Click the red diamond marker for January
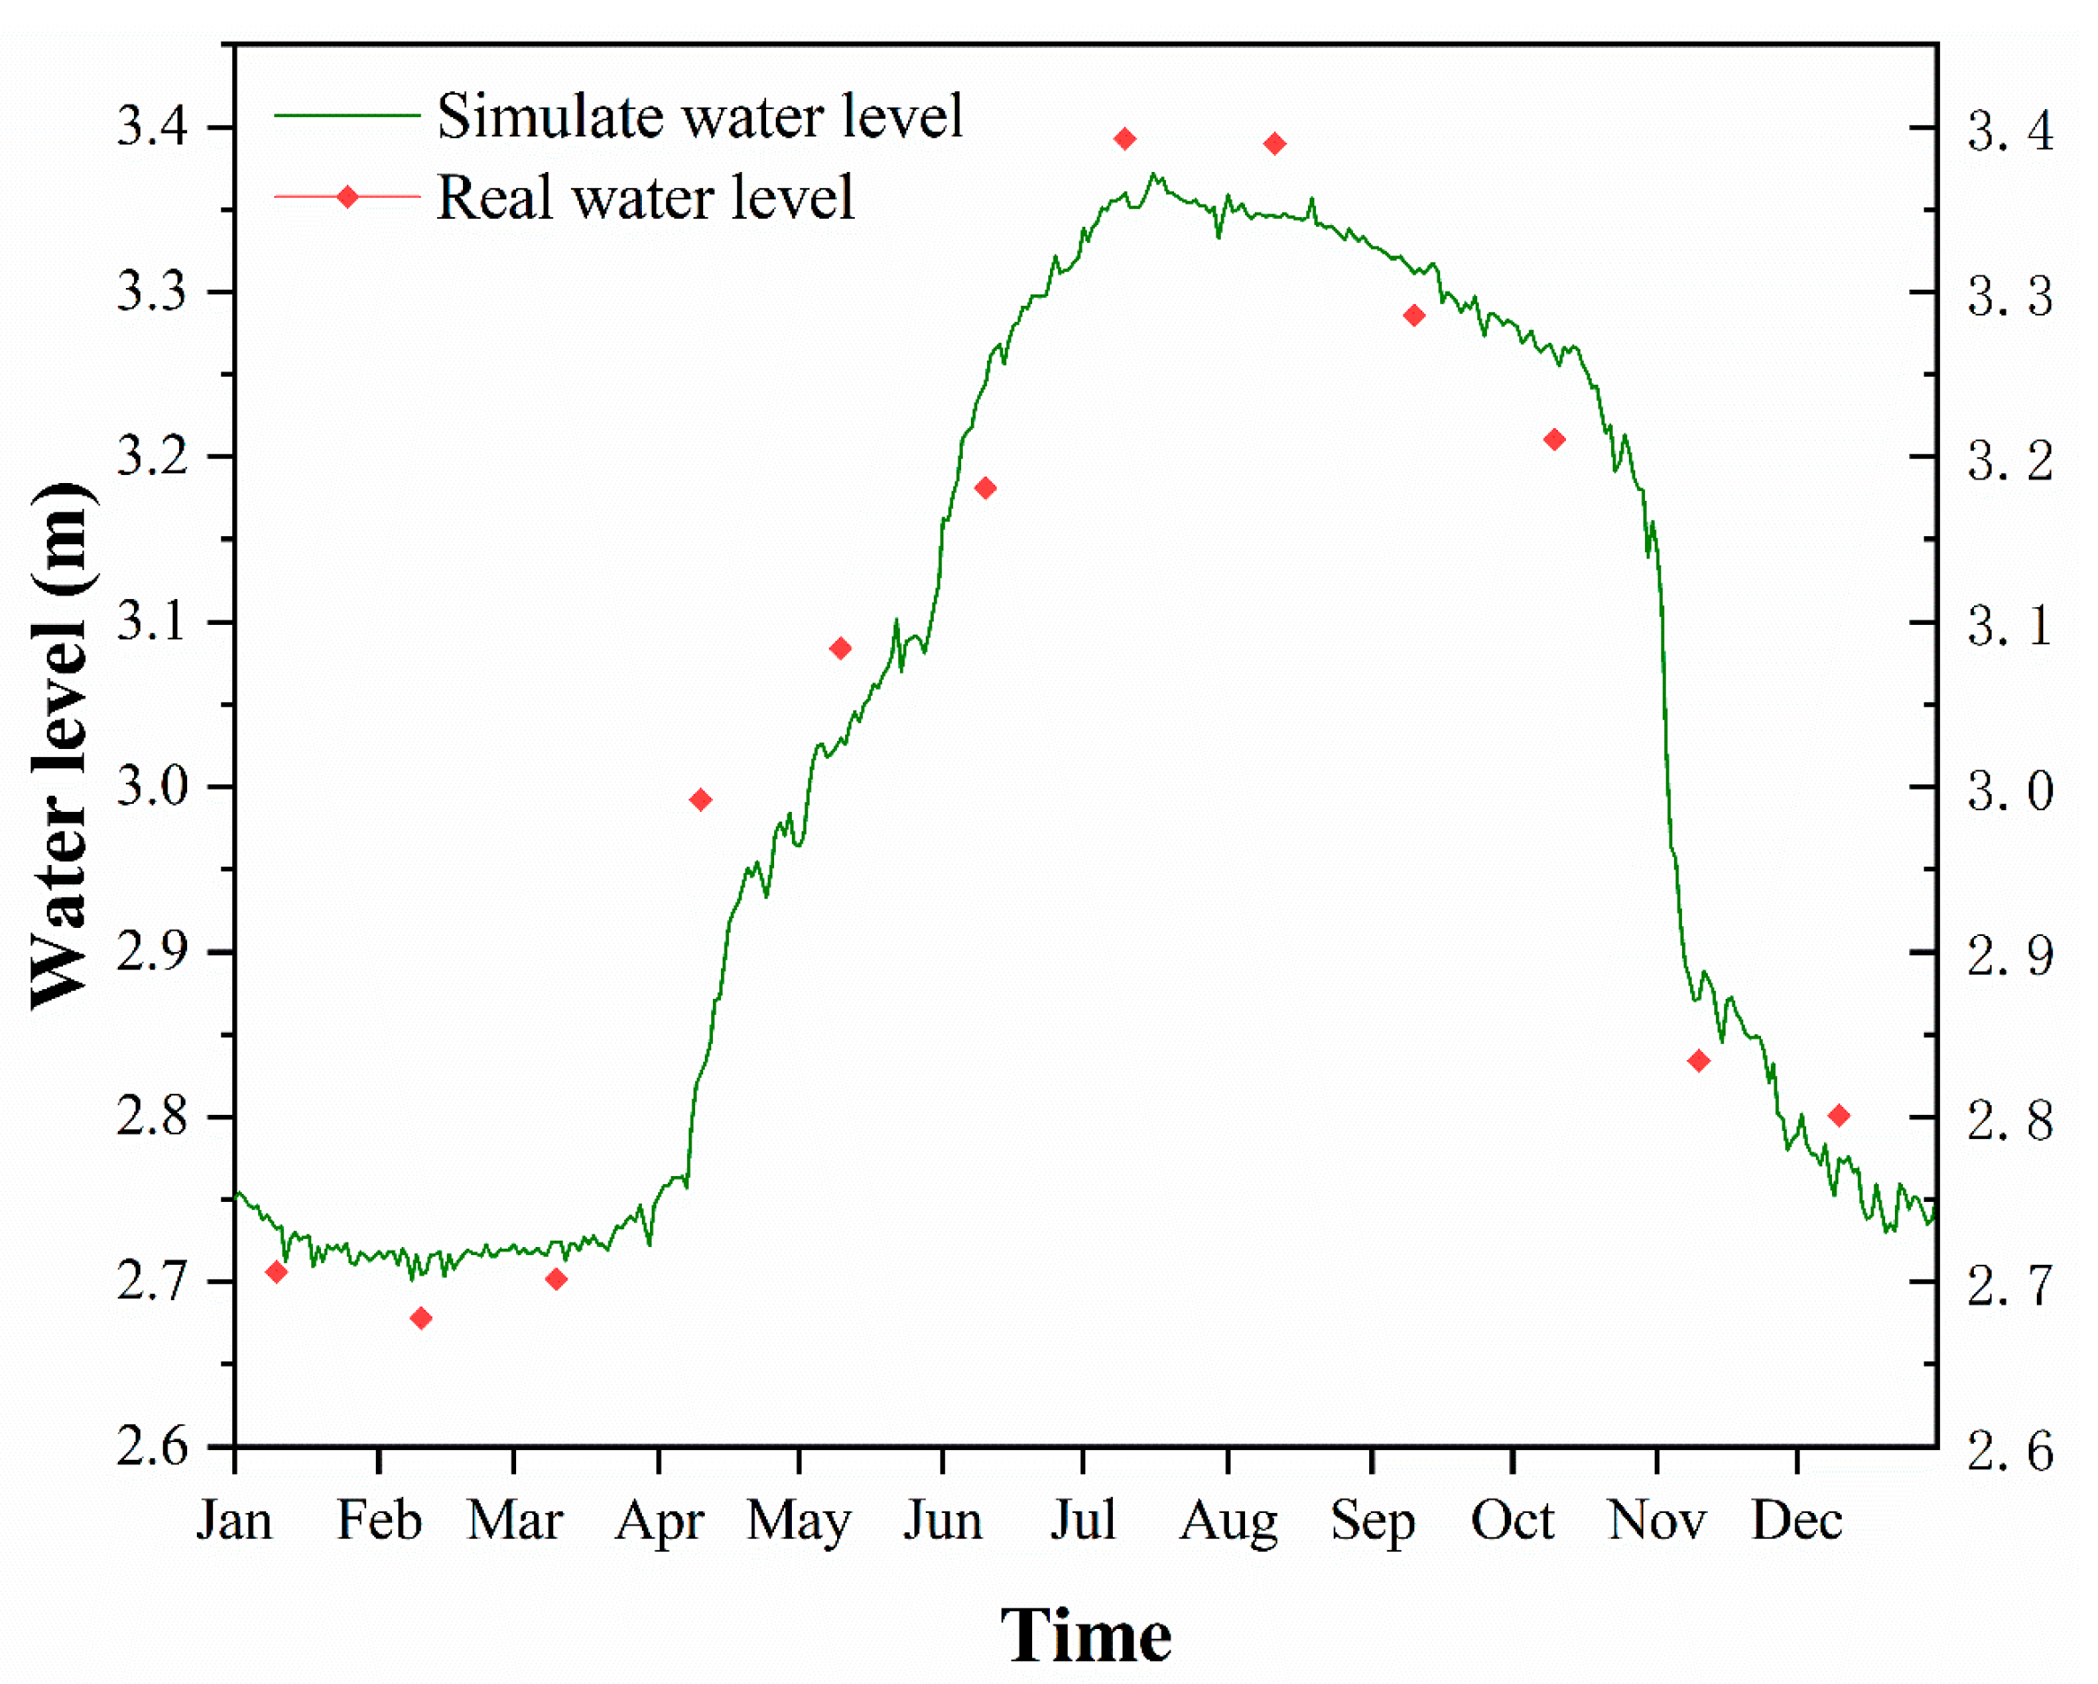tap(278, 1272)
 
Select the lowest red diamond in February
tap(421, 1318)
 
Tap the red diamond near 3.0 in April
tap(701, 799)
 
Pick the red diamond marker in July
tap(1126, 139)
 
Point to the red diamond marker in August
tap(1276, 144)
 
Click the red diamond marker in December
tap(1839, 1115)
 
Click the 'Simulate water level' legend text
tap(699, 116)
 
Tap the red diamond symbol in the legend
tap(348, 198)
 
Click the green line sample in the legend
tap(348, 116)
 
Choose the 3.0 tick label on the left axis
tap(152, 786)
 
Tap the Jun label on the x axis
tap(942, 1521)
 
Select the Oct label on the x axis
tap(1512, 1521)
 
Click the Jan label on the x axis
tap(234, 1521)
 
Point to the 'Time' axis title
tap(1086, 1636)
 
